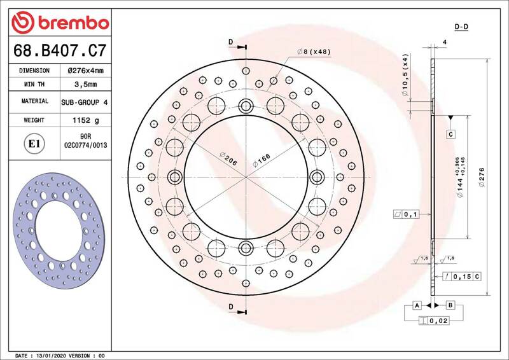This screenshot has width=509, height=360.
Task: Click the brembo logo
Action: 60,22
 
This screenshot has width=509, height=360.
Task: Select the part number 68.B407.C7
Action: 60,50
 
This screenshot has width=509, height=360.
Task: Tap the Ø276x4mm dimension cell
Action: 86,71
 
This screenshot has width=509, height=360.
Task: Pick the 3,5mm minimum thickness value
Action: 86,85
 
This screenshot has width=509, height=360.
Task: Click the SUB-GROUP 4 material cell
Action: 85,102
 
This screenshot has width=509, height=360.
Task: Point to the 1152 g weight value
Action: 86,120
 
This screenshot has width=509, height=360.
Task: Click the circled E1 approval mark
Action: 34,144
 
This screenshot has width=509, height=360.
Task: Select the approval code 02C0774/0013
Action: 86,145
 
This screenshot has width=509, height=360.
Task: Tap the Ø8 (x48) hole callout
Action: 314,52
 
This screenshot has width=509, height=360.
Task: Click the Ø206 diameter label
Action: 228,158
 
